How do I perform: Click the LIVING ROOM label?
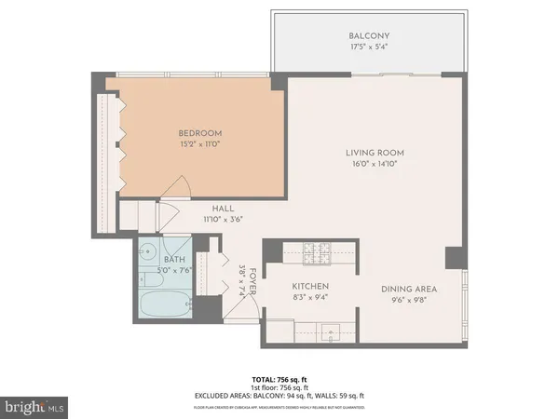pos(374,153)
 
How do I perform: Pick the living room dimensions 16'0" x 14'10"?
pos(374,165)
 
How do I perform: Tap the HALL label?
pos(222,209)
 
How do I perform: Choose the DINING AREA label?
pos(408,289)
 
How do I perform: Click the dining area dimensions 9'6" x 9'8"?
pos(408,301)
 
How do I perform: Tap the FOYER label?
pos(251,277)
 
